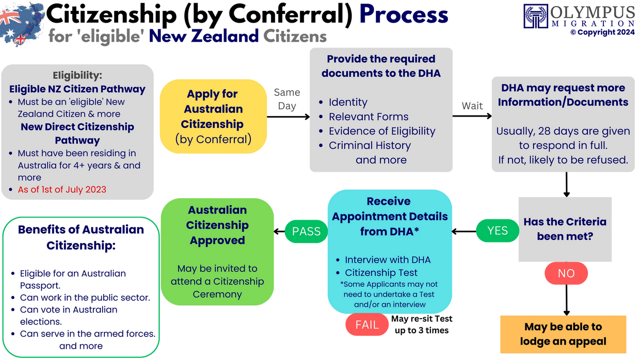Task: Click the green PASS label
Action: click(307, 232)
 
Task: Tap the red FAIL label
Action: click(367, 325)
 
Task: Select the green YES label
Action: click(498, 231)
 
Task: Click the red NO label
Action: click(566, 273)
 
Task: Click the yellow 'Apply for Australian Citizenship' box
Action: click(213, 117)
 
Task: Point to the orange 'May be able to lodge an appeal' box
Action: click(563, 334)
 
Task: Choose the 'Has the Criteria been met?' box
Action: click(565, 229)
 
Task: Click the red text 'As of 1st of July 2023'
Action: click(62, 189)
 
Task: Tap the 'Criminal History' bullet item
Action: click(370, 145)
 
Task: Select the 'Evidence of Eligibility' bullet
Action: click(382, 131)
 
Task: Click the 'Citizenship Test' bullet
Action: click(381, 272)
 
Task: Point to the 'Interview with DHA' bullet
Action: click(388, 259)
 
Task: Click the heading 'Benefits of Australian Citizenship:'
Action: click(81, 237)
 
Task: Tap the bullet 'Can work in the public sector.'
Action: click(85, 298)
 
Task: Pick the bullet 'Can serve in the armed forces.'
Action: click(87, 334)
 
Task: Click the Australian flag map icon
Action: click(22, 23)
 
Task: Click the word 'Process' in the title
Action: click(404, 14)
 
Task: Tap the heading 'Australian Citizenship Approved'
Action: click(217, 225)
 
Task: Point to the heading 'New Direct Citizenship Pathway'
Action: click(77, 133)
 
